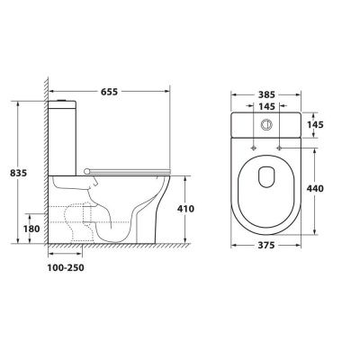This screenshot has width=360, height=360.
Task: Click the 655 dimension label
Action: pyautogui.click(x=109, y=92)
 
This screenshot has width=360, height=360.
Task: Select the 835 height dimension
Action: pyautogui.click(x=18, y=173)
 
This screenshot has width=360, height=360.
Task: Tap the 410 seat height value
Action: pyautogui.click(x=185, y=209)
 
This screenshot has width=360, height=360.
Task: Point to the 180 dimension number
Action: pyautogui.click(x=31, y=229)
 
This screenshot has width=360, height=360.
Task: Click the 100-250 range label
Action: pyautogui.click(x=66, y=267)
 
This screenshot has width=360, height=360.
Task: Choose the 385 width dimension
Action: pyautogui.click(x=266, y=94)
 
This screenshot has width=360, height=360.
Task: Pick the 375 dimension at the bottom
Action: pyautogui.click(x=266, y=246)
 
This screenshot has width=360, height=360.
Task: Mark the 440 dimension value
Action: pyautogui.click(x=315, y=189)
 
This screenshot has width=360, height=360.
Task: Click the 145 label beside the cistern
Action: pyautogui.click(x=315, y=124)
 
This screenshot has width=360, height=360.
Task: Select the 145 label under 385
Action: pyautogui.click(x=266, y=106)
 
